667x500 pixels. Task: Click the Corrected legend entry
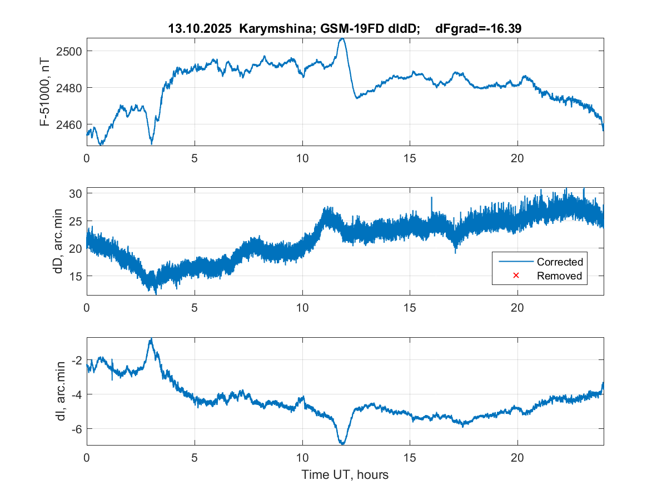click(559, 262)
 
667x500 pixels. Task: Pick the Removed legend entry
click(559, 276)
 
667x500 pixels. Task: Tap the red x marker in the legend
click(515, 276)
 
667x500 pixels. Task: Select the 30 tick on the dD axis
click(75, 193)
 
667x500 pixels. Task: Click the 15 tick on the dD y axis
click(75, 276)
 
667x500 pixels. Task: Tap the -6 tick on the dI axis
click(77, 428)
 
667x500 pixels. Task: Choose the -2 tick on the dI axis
click(77, 361)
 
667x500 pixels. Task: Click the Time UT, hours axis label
click(345, 474)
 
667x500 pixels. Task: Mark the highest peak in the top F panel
click(342, 38)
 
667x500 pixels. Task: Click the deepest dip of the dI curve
click(342, 443)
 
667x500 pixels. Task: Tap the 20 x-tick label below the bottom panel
click(517, 458)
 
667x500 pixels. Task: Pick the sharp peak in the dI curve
click(151, 339)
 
